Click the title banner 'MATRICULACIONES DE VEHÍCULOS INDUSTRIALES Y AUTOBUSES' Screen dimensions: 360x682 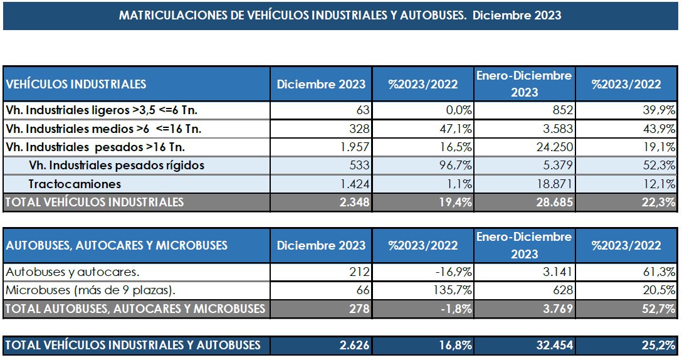click(340, 16)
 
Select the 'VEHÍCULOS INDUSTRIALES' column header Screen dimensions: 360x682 click(76, 84)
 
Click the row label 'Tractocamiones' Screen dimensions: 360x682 click(75, 184)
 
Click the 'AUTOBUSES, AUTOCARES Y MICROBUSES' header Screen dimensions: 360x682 click(117, 245)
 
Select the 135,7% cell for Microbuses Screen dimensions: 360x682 click(452, 290)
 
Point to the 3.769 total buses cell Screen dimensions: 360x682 click(556, 309)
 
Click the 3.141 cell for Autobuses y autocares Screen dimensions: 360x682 click(556, 272)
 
